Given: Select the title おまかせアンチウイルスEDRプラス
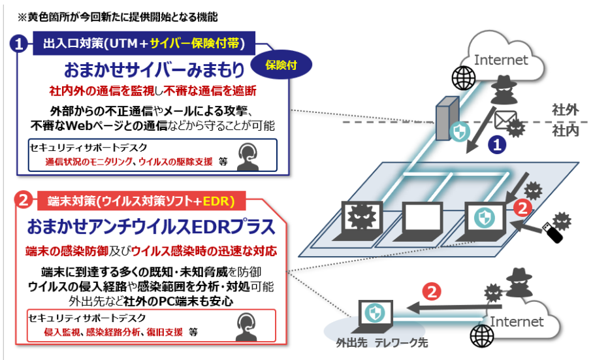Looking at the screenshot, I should [x=151, y=227].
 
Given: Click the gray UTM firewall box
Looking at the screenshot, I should [x=445, y=118].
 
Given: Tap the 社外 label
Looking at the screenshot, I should [x=564, y=110].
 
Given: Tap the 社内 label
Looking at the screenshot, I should [x=564, y=131].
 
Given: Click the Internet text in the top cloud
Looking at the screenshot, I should [x=501, y=60].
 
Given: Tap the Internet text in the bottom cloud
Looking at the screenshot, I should [x=517, y=321].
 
